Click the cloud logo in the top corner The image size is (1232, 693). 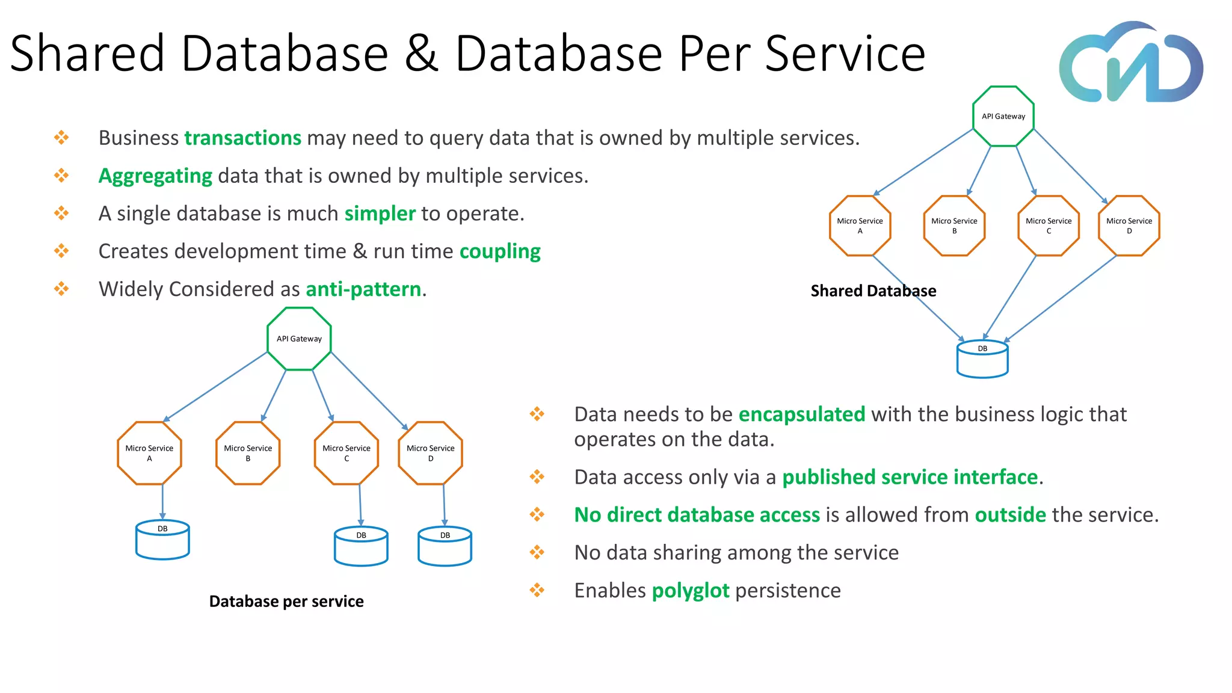pyautogui.click(x=1131, y=63)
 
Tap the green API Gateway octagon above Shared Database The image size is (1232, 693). pyautogui.click(x=1003, y=116)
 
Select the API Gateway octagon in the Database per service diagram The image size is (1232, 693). pyautogui.click(x=299, y=339)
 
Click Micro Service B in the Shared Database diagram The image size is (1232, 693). pyautogui.click(x=954, y=226)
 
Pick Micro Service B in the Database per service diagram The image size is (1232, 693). pyautogui.click(x=248, y=453)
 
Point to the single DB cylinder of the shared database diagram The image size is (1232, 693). pyautogui.click(x=982, y=360)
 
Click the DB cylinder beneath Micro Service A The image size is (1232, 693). pyautogui.click(x=162, y=540)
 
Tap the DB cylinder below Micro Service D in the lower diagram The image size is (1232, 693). pyautogui.click(x=445, y=546)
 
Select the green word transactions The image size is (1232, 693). pyautogui.click(x=242, y=138)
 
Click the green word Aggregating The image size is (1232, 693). pyautogui.click(x=155, y=176)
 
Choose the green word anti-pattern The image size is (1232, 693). pyautogui.click(x=363, y=289)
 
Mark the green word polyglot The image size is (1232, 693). pyautogui.click(x=691, y=591)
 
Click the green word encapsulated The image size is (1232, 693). pyautogui.click(x=801, y=414)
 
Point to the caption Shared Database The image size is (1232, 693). pyautogui.click(x=873, y=291)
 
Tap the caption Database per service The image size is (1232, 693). pyautogui.click(x=286, y=602)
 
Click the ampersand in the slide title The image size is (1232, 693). pyautogui.click(x=422, y=54)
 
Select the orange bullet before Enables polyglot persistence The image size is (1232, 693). pyautogui.click(x=537, y=590)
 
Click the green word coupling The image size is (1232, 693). pyautogui.click(x=500, y=251)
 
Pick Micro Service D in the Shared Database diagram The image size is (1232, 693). pyautogui.click(x=1129, y=226)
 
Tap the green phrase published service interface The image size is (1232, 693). pyautogui.click(x=910, y=477)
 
